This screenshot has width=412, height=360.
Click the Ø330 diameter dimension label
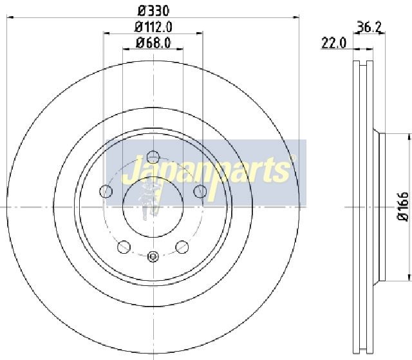click(153, 11)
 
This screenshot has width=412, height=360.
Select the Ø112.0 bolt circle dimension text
click(153, 27)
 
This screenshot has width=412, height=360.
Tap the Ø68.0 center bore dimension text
click(153, 43)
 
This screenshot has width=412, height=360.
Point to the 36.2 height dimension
click(369, 26)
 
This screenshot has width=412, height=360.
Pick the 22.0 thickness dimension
click(334, 43)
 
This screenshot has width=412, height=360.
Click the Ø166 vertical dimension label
click(403, 207)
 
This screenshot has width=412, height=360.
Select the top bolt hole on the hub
click(153, 157)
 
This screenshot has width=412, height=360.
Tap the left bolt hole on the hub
click(106, 191)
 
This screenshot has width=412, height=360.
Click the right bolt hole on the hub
click(200, 191)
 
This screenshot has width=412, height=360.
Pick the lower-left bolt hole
click(124, 247)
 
